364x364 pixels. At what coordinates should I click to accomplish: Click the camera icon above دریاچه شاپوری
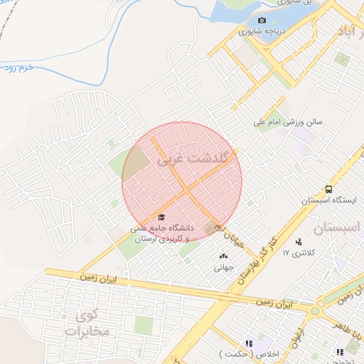click(x=262, y=21)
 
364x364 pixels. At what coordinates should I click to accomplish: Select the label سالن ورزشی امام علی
click(x=289, y=122)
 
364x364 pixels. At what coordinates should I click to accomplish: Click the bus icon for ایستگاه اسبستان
click(x=328, y=189)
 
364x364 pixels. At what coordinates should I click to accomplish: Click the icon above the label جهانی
click(x=223, y=256)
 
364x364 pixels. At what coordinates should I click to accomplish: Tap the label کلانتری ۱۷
click(x=298, y=252)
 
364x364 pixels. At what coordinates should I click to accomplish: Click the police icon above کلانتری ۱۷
click(x=298, y=241)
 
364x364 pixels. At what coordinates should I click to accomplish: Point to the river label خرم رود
click(x=19, y=69)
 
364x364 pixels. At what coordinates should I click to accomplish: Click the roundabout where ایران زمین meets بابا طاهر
click(x=315, y=311)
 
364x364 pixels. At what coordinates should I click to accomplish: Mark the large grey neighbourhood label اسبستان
click(x=338, y=229)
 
